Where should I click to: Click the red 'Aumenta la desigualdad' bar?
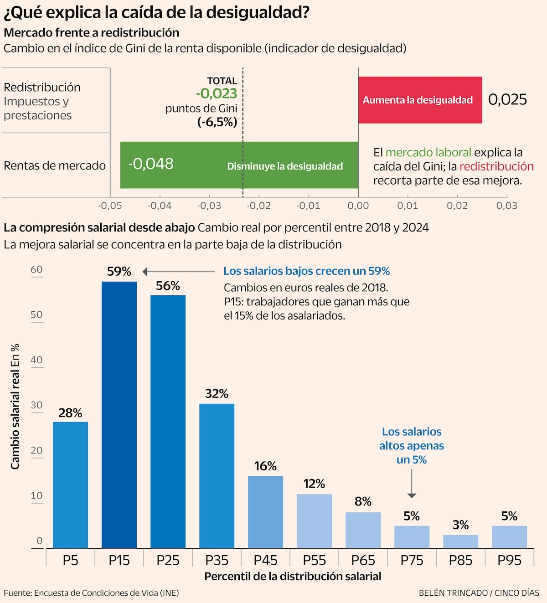[420, 100]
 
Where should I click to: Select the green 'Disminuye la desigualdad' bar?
[239, 165]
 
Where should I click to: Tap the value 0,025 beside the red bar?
[507, 99]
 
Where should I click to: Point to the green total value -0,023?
[217, 93]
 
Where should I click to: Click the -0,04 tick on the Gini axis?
[160, 206]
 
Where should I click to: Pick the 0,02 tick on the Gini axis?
[457, 206]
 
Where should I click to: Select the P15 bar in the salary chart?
[119, 415]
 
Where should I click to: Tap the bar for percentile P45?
[265, 512]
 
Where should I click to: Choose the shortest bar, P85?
[460, 541]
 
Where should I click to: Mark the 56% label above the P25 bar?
[168, 286]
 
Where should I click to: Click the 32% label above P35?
[217, 394]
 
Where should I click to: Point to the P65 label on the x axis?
[363, 560]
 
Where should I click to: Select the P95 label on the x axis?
[509, 560]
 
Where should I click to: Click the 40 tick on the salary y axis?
[36, 360]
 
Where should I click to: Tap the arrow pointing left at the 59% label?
[178, 272]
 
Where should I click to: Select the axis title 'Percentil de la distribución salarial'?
[293, 577]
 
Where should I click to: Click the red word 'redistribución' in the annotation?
[496, 166]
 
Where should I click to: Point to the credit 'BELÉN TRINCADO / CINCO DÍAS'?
[479, 593]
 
